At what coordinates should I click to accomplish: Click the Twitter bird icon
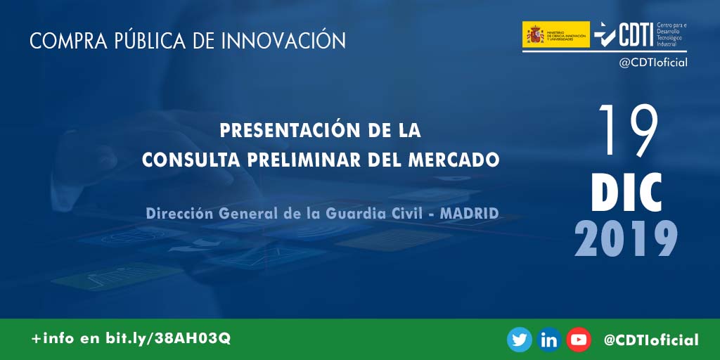click(520, 340)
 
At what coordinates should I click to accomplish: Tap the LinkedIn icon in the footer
click(549, 340)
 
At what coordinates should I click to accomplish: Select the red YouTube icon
click(579, 340)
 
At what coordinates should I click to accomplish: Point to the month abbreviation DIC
click(626, 192)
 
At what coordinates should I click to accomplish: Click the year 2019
click(626, 238)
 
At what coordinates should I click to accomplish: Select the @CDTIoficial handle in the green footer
click(651, 340)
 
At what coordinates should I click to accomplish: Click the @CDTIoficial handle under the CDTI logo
click(652, 63)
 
